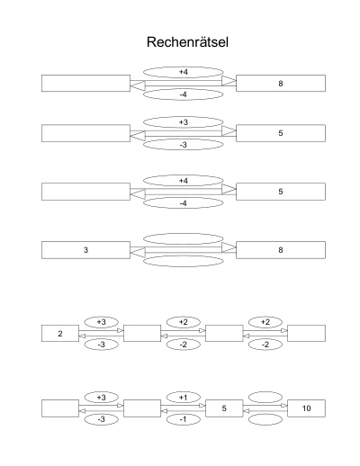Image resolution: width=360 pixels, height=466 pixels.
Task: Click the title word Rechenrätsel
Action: (x=187, y=42)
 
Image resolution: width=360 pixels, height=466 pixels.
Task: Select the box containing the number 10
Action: (x=306, y=408)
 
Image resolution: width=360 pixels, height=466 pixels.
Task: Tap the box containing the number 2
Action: (x=60, y=333)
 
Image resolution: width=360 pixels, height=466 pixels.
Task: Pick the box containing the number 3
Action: (x=85, y=250)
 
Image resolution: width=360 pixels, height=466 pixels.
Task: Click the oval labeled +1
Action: (x=184, y=398)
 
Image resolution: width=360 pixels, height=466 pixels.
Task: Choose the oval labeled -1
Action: (x=184, y=419)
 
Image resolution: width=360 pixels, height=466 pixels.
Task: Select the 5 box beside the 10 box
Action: (x=224, y=408)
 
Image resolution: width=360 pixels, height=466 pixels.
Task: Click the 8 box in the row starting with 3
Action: (x=281, y=250)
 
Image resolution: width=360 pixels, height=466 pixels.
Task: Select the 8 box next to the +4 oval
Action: (x=281, y=83)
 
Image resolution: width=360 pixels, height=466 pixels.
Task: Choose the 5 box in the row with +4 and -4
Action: (x=281, y=192)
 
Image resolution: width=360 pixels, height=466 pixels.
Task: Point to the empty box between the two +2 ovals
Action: (x=224, y=333)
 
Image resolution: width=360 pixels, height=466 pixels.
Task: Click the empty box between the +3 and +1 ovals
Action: (x=142, y=408)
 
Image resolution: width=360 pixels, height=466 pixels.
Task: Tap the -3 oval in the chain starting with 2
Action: (x=102, y=345)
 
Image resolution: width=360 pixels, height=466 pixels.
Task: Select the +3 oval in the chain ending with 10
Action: (x=102, y=398)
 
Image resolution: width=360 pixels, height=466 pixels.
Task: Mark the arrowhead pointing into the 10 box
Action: (x=284, y=406)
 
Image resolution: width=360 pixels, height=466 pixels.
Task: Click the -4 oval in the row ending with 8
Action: (x=184, y=94)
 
